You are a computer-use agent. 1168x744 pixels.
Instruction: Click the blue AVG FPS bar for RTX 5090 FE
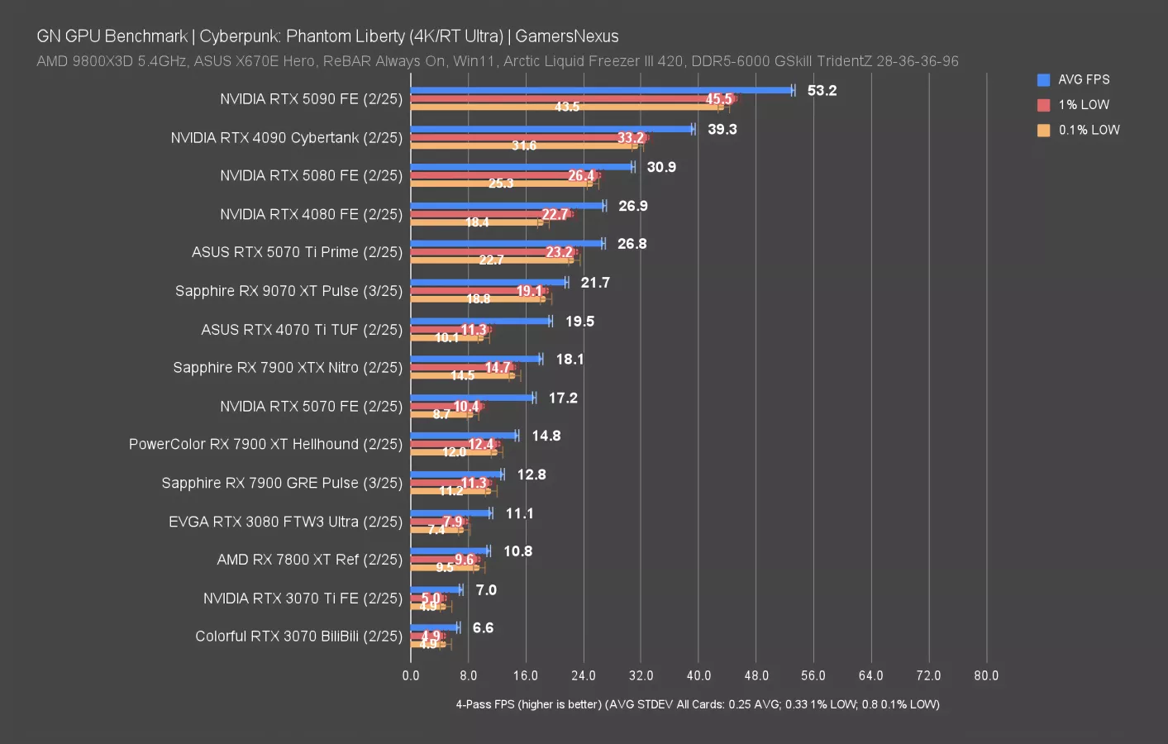point(601,90)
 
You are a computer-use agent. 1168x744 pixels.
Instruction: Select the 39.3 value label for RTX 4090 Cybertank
point(722,129)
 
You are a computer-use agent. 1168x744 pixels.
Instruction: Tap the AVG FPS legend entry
point(1083,80)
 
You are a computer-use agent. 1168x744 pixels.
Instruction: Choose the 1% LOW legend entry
point(1083,105)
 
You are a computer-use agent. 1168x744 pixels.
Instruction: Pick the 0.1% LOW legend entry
point(1088,130)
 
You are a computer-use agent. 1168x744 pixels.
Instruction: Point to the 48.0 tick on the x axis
point(756,675)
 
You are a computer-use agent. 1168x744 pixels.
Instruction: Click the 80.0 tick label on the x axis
point(985,675)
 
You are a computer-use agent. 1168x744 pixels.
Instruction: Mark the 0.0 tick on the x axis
point(411,675)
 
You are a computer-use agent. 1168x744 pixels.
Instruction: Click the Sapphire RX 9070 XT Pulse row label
point(288,291)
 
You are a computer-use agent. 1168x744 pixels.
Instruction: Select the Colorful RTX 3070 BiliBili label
point(298,636)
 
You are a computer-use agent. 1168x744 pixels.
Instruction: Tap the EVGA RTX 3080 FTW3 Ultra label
point(285,522)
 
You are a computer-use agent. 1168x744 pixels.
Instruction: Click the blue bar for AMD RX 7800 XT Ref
point(449,551)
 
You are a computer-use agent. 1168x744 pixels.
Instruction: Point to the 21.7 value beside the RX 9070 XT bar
point(595,283)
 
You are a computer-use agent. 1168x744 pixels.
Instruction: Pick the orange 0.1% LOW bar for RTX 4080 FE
point(476,222)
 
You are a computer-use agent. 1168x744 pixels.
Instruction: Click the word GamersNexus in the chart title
point(566,36)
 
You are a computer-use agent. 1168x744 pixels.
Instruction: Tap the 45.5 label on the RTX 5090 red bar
point(718,99)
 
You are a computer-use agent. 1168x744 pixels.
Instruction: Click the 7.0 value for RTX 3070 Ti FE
point(486,589)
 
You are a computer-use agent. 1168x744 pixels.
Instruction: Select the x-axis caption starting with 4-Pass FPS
point(697,704)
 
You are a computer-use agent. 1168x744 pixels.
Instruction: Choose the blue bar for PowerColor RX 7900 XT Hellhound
point(463,436)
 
